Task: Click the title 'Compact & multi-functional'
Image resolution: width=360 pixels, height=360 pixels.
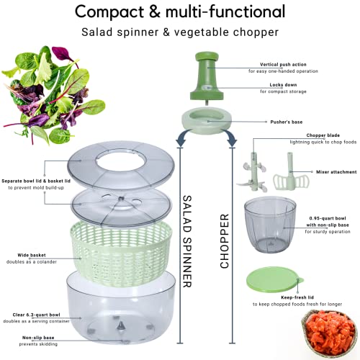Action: click(179, 12)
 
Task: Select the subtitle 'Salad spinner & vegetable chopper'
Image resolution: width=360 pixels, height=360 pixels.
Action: click(179, 33)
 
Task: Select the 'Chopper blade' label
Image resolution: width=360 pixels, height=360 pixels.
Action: click(287, 135)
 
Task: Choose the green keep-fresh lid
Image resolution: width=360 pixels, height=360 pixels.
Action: click(276, 282)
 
